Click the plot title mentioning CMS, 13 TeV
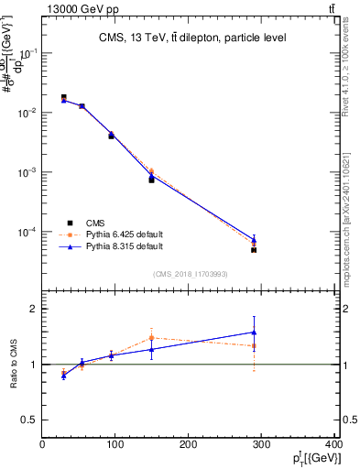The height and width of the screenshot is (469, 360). [192, 38]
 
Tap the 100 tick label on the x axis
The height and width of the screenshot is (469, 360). [115, 443]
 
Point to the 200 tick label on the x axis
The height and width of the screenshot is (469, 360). [190, 443]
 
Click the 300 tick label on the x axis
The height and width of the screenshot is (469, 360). [263, 443]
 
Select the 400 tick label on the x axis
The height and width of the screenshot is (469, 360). [333, 443]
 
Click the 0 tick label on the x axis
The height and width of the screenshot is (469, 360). [42, 443]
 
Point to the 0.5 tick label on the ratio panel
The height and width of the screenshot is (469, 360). [28, 420]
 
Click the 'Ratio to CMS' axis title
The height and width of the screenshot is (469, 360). [14, 365]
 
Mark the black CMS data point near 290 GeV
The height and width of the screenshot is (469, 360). [254, 249]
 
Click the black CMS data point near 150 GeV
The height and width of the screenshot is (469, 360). [151, 180]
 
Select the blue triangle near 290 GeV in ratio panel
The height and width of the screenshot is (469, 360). [254, 332]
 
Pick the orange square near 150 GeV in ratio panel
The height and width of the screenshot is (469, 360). [151, 338]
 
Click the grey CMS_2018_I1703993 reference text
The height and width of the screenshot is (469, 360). [191, 274]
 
